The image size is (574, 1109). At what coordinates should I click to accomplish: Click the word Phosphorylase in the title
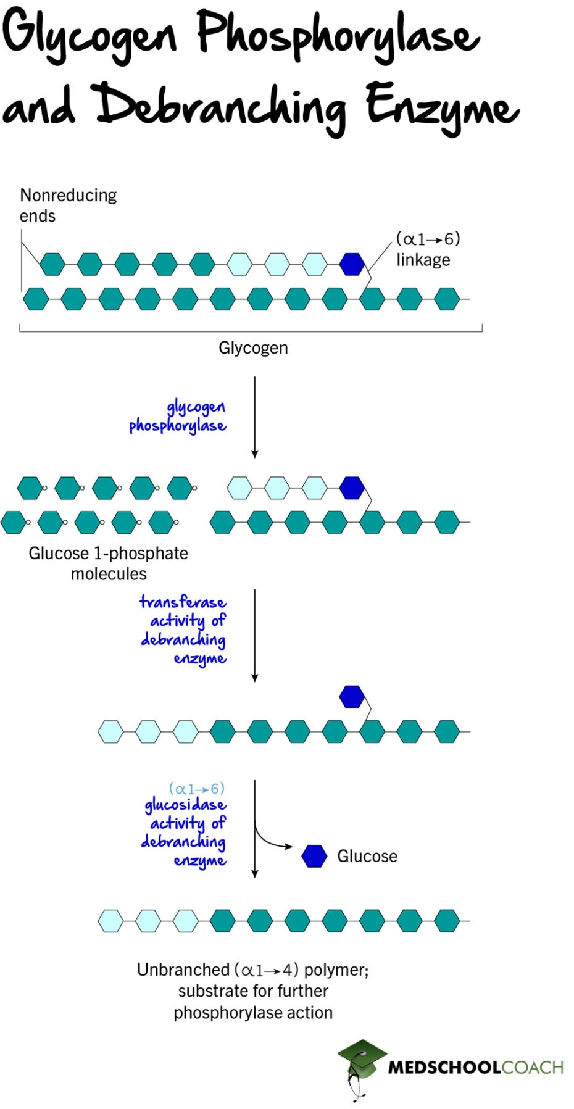(338, 34)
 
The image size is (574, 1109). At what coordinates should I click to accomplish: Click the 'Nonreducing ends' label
(67, 205)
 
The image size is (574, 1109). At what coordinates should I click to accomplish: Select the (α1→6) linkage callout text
(427, 249)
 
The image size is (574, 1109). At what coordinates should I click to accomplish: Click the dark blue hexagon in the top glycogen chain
(352, 264)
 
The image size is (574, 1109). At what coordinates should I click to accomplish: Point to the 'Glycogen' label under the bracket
(253, 347)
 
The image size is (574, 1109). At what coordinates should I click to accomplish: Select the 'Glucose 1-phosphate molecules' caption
(108, 563)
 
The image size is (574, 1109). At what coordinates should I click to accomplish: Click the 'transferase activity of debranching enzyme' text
(183, 629)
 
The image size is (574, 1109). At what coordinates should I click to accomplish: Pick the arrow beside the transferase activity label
(254, 636)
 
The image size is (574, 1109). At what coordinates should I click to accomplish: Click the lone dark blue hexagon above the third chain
(352, 697)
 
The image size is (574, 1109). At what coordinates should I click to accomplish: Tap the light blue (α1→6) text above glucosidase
(197, 788)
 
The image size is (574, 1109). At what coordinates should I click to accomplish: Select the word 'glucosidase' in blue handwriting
(185, 805)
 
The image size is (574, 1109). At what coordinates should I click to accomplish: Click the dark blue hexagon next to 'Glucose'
(314, 856)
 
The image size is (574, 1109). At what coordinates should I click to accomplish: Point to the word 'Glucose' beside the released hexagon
(367, 856)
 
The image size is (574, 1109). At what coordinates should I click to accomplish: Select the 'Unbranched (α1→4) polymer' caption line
(252, 970)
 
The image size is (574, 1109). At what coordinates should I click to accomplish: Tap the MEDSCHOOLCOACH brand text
(475, 1067)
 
